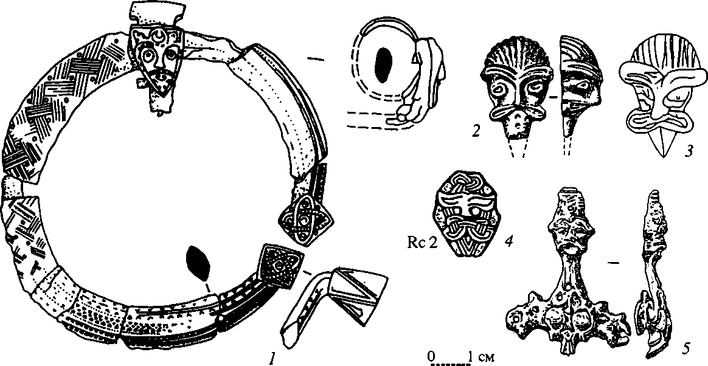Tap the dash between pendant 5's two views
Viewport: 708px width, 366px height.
click(614, 263)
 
